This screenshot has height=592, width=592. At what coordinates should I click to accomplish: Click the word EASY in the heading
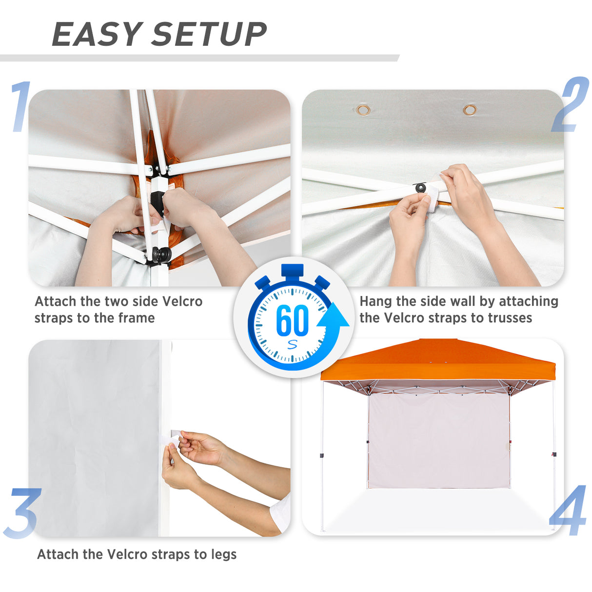point(97,34)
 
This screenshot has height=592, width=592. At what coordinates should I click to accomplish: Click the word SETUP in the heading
point(210,34)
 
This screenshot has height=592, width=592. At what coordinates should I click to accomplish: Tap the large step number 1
point(20,107)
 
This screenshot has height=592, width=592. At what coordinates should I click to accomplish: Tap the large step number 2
point(571,104)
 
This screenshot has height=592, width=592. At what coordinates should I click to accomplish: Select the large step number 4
point(569,511)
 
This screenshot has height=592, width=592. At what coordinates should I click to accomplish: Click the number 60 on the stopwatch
point(292,320)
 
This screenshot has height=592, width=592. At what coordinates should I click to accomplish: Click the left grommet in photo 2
point(363,109)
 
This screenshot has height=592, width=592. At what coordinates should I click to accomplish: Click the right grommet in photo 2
point(470,109)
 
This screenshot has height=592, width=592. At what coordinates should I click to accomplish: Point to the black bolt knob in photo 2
point(420,188)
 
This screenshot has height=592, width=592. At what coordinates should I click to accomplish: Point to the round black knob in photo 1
point(162,254)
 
